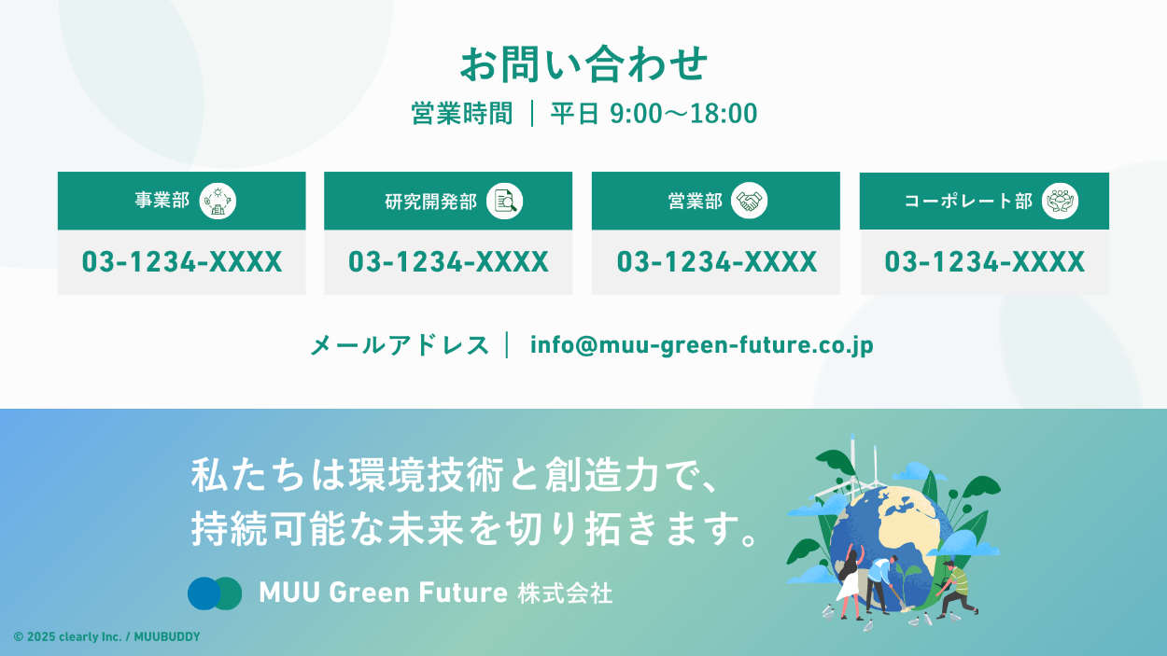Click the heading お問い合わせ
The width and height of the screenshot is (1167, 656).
583,64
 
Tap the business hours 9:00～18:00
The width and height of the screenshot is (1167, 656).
683,114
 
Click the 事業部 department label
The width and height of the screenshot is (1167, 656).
162,201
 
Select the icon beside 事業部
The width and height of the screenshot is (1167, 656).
218,201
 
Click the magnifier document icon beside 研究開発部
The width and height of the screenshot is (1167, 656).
504,201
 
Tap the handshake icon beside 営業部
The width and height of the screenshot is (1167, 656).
749,201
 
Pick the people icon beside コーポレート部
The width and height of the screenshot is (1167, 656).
1060,201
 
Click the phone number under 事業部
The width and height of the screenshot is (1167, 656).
182,262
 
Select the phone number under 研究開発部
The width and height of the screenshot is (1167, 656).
448,262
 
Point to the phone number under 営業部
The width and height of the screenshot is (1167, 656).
716,262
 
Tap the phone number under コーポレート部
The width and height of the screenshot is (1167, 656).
984,262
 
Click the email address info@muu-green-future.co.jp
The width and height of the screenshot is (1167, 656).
702,345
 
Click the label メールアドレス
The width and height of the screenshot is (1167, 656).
400,345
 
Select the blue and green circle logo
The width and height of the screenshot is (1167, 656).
215,593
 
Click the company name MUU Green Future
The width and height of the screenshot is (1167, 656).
384,593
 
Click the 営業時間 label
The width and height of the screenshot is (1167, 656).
462,114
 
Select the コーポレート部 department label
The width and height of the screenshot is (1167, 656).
968,201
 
